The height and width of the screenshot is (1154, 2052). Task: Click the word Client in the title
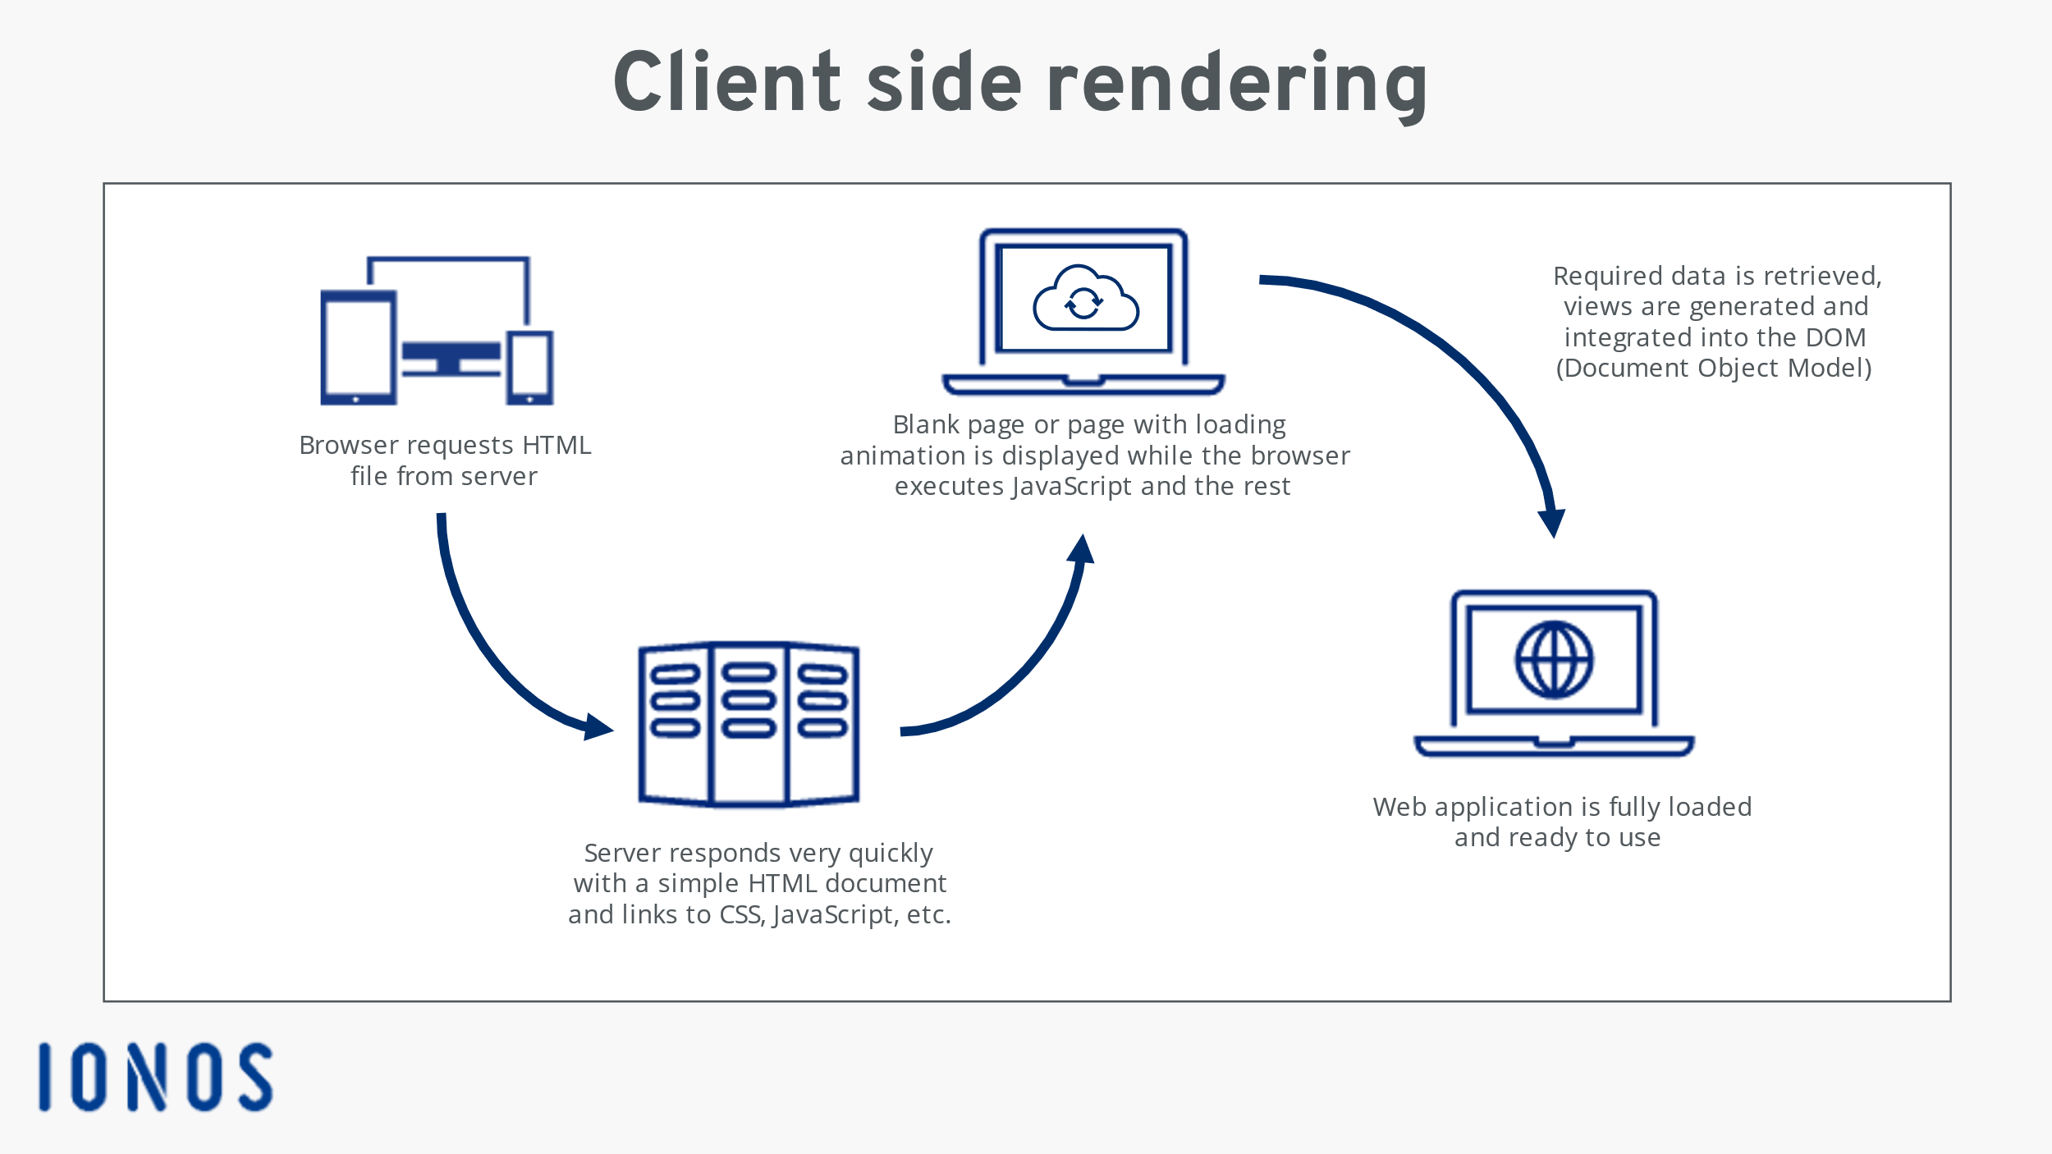tap(726, 83)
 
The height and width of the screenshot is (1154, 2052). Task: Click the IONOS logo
tap(155, 1077)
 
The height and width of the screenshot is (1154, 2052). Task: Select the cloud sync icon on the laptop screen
tap(1084, 300)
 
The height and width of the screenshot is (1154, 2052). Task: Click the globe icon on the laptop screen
tap(1554, 660)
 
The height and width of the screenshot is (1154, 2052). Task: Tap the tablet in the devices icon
tap(359, 347)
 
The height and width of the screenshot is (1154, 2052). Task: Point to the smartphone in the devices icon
tap(529, 367)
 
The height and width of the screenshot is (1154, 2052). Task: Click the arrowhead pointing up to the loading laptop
tap(1082, 549)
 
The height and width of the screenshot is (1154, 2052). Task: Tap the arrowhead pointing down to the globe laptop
tap(1552, 522)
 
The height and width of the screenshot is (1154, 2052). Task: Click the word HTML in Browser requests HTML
tap(556, 445)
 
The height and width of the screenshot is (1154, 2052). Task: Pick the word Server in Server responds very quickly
tap(622, 853)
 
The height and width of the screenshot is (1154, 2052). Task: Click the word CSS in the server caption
tap(741, 914)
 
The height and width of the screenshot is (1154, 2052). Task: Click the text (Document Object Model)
tap(1714, 368)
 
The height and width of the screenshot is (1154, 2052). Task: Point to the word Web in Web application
tap(1399, 807)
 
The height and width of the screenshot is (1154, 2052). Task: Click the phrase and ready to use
tap(1557, 837)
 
